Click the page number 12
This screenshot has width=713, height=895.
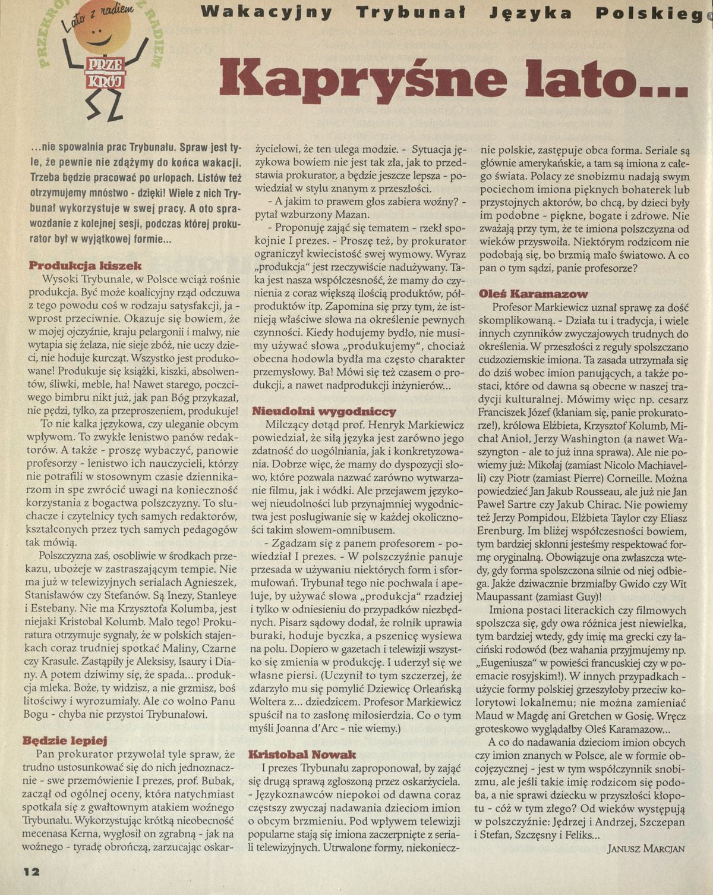point(32,871)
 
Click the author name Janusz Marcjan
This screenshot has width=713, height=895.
point(646,849)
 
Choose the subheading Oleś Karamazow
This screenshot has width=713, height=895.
point(534,293)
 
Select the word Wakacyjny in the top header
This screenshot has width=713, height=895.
point(266,12)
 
